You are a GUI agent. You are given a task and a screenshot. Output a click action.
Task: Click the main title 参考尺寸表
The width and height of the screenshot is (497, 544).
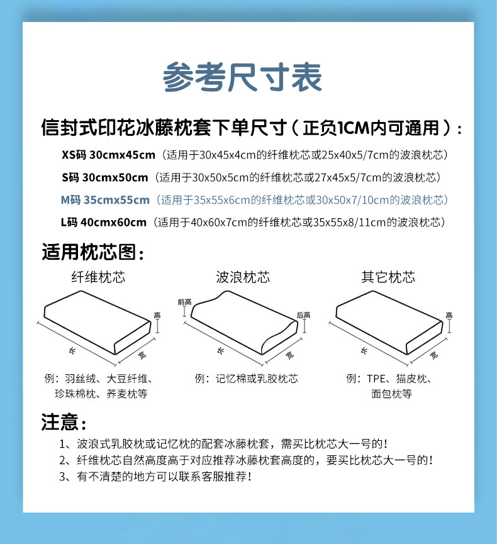242,77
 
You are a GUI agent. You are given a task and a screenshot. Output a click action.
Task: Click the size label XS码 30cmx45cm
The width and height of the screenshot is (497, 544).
108,155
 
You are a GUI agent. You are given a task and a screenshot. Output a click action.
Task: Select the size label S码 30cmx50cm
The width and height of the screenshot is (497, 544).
105,177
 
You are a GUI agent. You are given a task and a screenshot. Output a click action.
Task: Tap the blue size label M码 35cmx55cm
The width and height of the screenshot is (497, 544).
105,200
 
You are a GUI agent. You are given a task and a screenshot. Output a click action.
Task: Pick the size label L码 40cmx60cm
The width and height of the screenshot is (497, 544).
103,222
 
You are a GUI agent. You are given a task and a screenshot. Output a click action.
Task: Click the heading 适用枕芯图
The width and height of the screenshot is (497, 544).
89,252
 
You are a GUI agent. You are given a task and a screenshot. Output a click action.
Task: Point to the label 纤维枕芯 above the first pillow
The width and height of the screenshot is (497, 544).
98,277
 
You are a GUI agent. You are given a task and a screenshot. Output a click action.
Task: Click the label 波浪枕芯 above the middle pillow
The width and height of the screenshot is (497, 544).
243,277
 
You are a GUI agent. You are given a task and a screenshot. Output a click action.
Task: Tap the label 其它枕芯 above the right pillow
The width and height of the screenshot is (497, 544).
388,277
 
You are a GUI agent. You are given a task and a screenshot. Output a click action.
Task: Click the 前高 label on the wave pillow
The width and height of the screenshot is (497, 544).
184,302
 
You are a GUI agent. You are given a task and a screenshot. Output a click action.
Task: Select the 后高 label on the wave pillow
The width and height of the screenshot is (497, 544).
303,315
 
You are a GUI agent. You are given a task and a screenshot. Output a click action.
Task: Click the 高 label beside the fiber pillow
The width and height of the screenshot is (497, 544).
157,315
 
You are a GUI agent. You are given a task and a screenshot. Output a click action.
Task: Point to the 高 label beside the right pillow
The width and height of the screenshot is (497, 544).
449,315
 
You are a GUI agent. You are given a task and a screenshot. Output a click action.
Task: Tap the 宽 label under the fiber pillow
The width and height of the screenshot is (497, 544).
142,355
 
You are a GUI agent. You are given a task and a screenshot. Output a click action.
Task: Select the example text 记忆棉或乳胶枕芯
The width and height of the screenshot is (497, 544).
257,379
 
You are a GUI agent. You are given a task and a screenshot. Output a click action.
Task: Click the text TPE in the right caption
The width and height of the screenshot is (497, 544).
376,379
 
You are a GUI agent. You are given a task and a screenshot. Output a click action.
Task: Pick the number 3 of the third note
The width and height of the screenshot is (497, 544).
62,477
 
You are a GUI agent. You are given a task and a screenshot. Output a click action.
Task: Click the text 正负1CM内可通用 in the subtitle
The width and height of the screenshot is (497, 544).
371,128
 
